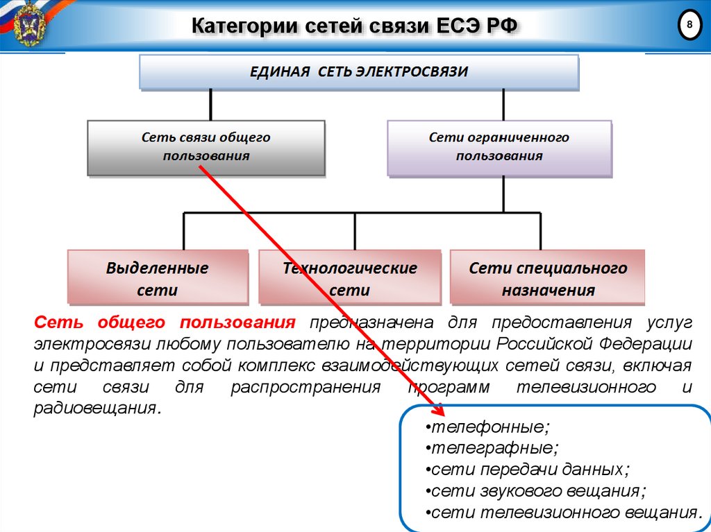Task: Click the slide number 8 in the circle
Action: (689, 26)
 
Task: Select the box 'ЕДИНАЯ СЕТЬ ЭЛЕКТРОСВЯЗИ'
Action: (359, 72)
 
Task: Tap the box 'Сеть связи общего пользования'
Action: (206, 147)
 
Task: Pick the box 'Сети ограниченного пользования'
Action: (499, 147)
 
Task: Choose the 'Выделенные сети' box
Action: (158, 278)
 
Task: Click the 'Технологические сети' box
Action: (349, 278)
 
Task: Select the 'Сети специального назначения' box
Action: (548, 278)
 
